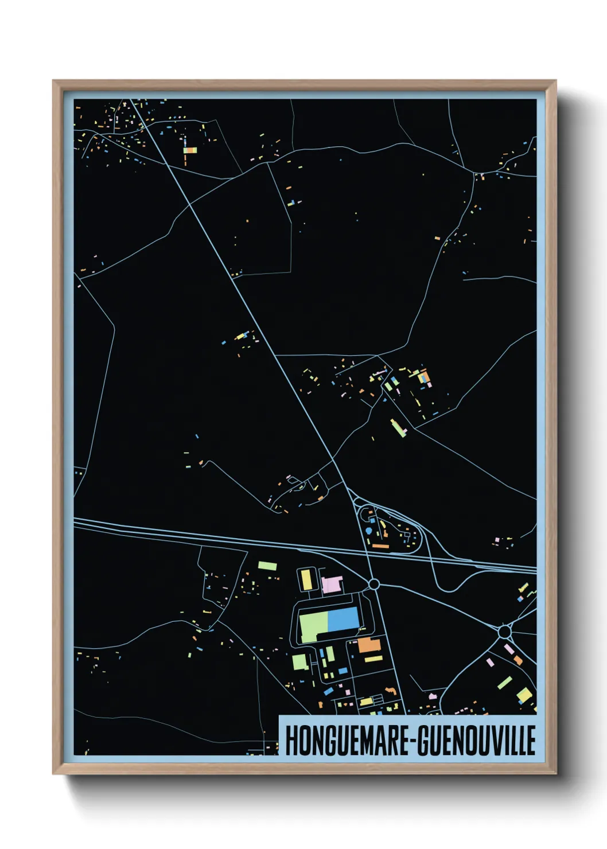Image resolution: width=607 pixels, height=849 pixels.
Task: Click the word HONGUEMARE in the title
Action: [x=347, y=741]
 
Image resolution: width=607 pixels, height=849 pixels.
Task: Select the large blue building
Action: [x=343, y=621]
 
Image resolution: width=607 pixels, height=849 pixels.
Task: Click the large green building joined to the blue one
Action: [x=313, y=624]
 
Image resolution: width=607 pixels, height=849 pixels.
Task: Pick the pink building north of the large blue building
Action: [x=332, y=585]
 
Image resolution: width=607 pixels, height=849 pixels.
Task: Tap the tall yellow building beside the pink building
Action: [x=307, y=579]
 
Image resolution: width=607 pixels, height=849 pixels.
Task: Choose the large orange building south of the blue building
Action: [x=370, y=645]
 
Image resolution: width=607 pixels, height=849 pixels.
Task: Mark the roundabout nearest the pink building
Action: [x=373, y=584]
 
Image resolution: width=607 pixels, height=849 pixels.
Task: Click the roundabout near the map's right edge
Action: [x=504, y=632]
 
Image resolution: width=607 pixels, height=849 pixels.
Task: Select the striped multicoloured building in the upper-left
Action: [x=190, y=150]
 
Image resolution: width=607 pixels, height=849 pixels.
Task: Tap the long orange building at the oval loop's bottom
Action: [x=380, y=546]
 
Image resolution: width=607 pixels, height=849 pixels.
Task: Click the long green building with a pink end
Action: [x=398, y=427]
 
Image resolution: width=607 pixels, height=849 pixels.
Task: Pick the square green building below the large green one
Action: [x=299, y=662]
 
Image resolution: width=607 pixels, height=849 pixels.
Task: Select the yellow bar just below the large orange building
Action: [x=373, y=659]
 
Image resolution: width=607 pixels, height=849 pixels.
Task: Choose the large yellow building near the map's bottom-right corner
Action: [x=524, y=696]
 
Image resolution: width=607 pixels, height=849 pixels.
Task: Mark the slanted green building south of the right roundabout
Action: [x=505, y=682]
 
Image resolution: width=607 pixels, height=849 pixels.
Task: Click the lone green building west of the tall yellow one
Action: [x=267, y=566]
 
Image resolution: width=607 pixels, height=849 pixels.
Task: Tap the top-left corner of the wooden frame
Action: [x=53, y=81]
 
